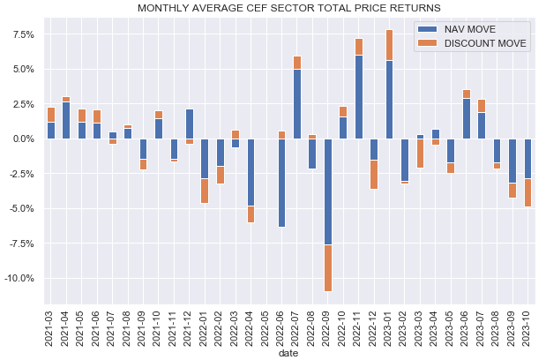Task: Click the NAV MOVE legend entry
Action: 471,29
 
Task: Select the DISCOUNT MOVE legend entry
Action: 482,44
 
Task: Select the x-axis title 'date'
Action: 288,353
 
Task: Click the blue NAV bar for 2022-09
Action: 328,191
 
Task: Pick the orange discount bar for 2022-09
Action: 328,267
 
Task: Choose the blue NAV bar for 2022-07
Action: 297,104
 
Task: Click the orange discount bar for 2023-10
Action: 528,192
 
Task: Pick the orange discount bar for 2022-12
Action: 374,174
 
